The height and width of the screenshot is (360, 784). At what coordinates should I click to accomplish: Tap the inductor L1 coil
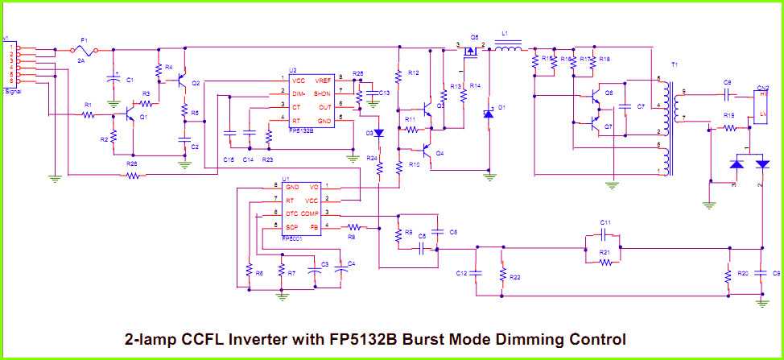[507, 48]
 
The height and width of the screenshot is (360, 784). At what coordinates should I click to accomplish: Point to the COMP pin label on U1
[310, 213]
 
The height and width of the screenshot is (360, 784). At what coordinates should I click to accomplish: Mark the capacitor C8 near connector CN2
[727, 93]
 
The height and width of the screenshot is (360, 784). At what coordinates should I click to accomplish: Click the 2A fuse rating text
[80, 60]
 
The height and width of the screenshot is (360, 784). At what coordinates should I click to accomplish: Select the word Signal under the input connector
[13, 92]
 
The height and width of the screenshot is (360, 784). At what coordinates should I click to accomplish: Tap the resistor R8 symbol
[351, 227]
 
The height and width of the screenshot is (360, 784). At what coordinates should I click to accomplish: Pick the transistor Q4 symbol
[427, 151]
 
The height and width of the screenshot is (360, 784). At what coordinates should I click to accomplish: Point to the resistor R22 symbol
[502, 274]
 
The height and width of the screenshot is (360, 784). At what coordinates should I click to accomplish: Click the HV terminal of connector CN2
[763, 94]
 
